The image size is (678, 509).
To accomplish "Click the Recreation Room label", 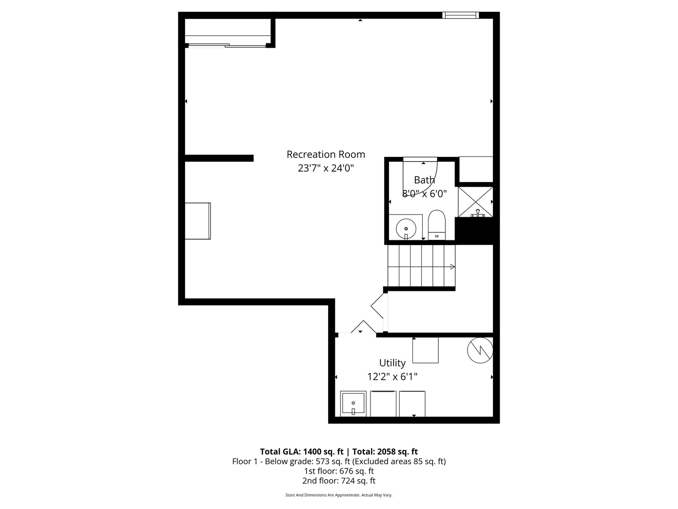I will click(325, 154).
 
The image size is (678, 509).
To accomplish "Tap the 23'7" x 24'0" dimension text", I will click(325, 168).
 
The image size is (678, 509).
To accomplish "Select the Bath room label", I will click(424, 180).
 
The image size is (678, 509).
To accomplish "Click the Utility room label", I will click(392, 363).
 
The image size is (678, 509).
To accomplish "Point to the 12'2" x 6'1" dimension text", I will click(392, 377).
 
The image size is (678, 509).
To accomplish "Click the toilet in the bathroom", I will click(436, 225).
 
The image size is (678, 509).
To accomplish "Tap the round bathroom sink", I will click(405, 229).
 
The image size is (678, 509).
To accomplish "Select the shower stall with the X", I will click(476, 202).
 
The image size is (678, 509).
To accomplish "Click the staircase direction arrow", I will click(452, 267).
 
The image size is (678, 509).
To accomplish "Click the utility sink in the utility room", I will click(353, 404).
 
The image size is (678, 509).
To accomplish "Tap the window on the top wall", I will click(460, 16).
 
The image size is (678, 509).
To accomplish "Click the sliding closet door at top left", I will click(227, 45).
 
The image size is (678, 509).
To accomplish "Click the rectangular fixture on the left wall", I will click(197, 221).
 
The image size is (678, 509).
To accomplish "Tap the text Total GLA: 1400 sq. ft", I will click(301, 452).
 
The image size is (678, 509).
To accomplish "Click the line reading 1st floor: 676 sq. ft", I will click(339, 471).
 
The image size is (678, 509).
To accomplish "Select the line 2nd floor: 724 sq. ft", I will click(339, 481).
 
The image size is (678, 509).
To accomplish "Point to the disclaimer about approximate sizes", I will click(339, 495).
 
